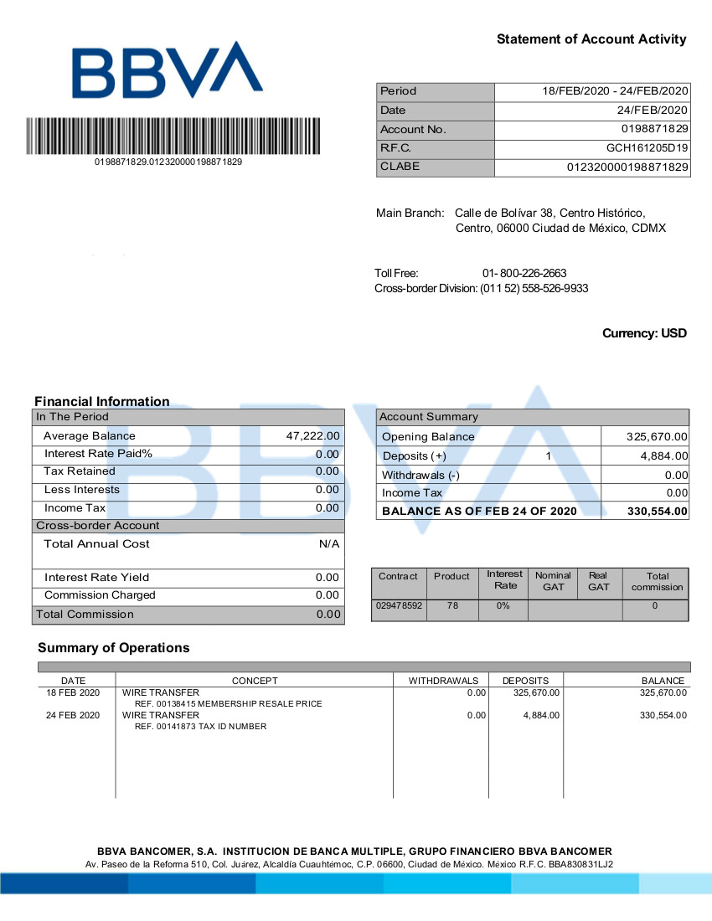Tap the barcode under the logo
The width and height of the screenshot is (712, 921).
point(173,136)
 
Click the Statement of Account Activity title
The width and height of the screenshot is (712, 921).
point(591,39)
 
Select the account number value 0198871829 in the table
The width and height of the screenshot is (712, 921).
point(654,130)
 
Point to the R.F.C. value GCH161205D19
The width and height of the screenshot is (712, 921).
point(648,148)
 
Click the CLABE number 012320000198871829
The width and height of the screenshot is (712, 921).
point(628,167)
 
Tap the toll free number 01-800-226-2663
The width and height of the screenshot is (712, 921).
point(524,274)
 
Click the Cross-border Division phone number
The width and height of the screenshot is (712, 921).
point(534,289)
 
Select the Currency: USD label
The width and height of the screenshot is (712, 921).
point(644,333)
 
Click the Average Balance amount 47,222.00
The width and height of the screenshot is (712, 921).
point(312,436)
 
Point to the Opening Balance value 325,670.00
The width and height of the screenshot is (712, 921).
point(657,437)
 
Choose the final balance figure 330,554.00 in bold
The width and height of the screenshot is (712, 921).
point(657,511)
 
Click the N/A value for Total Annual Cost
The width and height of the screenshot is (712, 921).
point(329,544)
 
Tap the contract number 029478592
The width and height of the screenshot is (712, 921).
point(400,604)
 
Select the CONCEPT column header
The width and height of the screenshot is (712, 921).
point(255,681)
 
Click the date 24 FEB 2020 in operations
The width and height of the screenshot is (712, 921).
point(73,715)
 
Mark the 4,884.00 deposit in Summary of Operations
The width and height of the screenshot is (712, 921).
point(541,715)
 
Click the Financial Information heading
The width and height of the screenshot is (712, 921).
point(102,401)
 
